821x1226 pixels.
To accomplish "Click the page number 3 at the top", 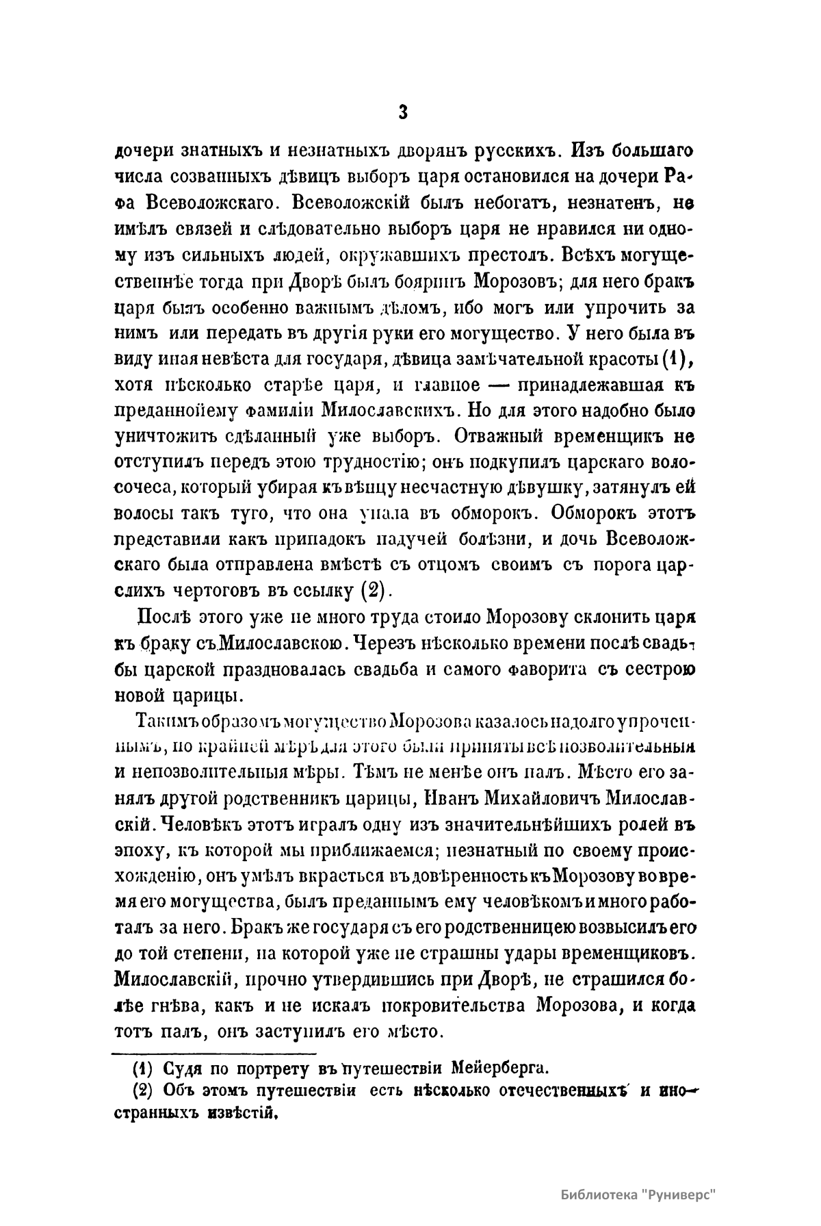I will pos(402,112).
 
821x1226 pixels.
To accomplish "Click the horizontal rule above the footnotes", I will pos(214,1053).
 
